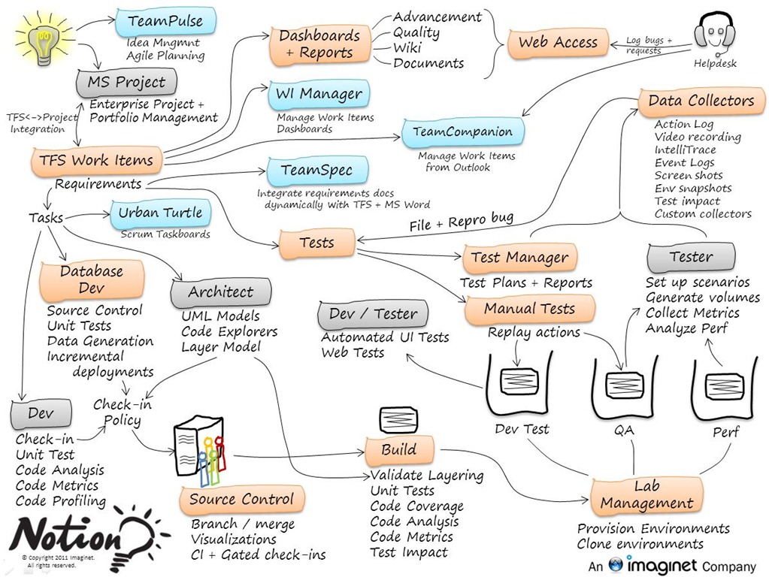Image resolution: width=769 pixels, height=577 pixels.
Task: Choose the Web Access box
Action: (558, 44)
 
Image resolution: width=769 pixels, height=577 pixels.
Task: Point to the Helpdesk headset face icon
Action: (713, 34)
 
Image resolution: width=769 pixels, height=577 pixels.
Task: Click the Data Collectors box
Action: (701, 101)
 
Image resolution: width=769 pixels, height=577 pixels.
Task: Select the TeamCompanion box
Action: (462, 132)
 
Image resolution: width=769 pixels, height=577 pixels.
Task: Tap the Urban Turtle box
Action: (160, 213)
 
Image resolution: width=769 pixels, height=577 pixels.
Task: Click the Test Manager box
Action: (519, 258)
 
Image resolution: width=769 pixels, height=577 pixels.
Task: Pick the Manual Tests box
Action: (529, 309)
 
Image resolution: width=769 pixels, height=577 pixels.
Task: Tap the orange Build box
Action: (398, 450)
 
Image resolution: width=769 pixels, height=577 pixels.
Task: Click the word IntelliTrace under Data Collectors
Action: (685, 150)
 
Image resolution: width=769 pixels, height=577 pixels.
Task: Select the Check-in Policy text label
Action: (122, 412)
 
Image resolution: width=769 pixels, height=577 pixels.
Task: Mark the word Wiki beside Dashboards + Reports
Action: (407, 48)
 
